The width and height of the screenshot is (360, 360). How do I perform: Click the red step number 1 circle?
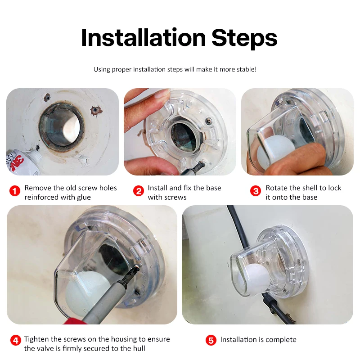coord(15,191)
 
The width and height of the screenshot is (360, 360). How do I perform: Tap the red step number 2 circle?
coord(139,191)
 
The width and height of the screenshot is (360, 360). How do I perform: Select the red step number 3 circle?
coord(256,191)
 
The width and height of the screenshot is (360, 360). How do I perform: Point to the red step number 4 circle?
coord(16,340)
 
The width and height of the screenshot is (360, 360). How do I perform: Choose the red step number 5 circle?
coord(211,340)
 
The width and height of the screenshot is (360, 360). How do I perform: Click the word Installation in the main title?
coord(144,38)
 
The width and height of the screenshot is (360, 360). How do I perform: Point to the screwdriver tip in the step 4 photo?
coord(137,266)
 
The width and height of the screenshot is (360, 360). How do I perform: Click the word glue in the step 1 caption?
coord(83,198)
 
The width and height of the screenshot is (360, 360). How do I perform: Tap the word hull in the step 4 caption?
coord(139,348)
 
